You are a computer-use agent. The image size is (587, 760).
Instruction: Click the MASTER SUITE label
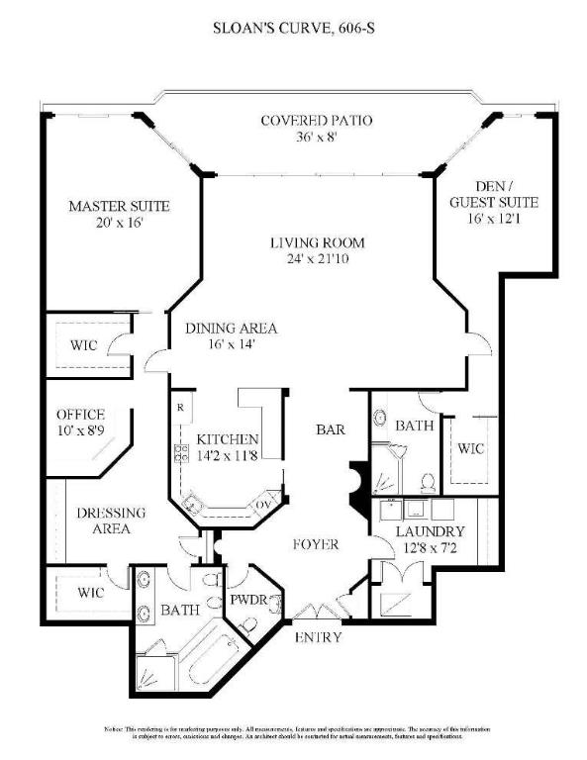tap(119, 207)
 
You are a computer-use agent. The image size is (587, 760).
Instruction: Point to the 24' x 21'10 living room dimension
tap(318, 260)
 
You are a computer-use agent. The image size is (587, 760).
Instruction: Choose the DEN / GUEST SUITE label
tap(494, 195)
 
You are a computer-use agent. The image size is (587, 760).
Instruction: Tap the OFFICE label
tap(80, 415)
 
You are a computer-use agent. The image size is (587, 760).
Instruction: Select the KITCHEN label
tap(228, 439)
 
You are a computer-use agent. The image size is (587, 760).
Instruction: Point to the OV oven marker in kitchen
tap(264, 504)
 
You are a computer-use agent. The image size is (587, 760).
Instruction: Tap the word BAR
tap(330, 430)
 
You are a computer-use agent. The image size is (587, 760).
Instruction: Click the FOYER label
tap(316, 545)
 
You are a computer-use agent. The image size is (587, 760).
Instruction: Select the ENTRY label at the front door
tap(318, 638)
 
